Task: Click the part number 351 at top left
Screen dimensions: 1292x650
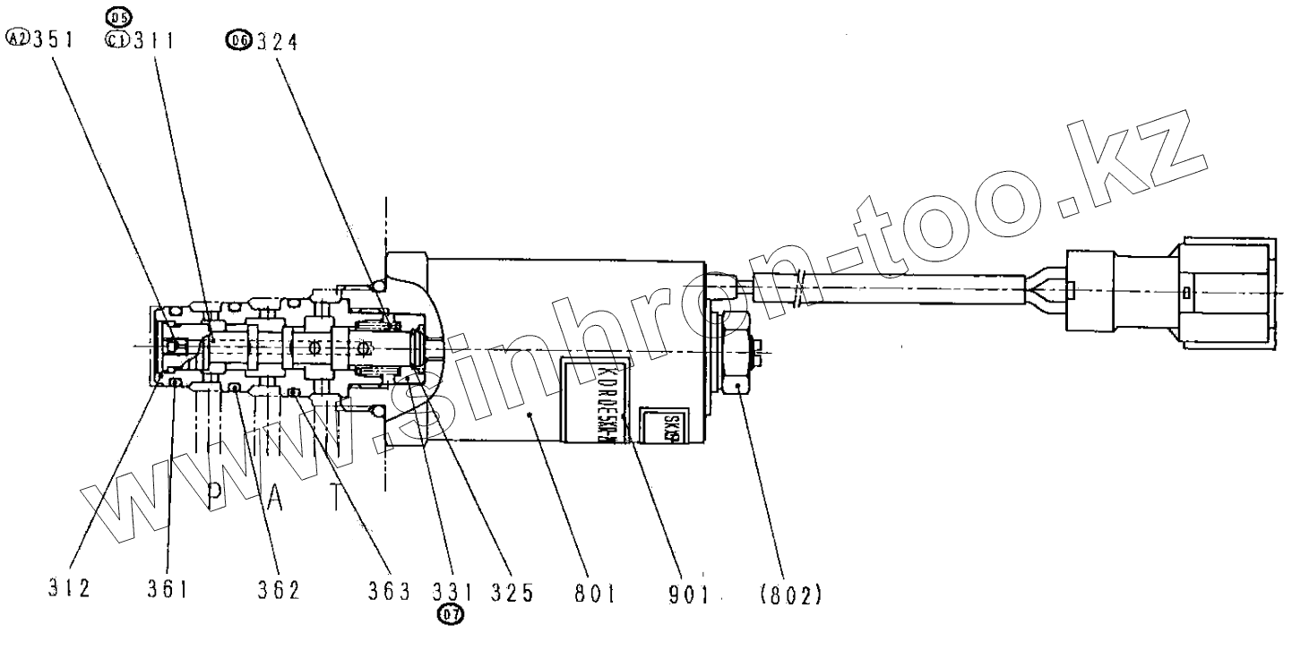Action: point(53,39)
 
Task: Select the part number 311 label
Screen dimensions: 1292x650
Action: point(153,40)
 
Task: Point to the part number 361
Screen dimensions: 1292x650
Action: point(168,592)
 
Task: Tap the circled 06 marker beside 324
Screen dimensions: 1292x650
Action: point(238,40)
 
